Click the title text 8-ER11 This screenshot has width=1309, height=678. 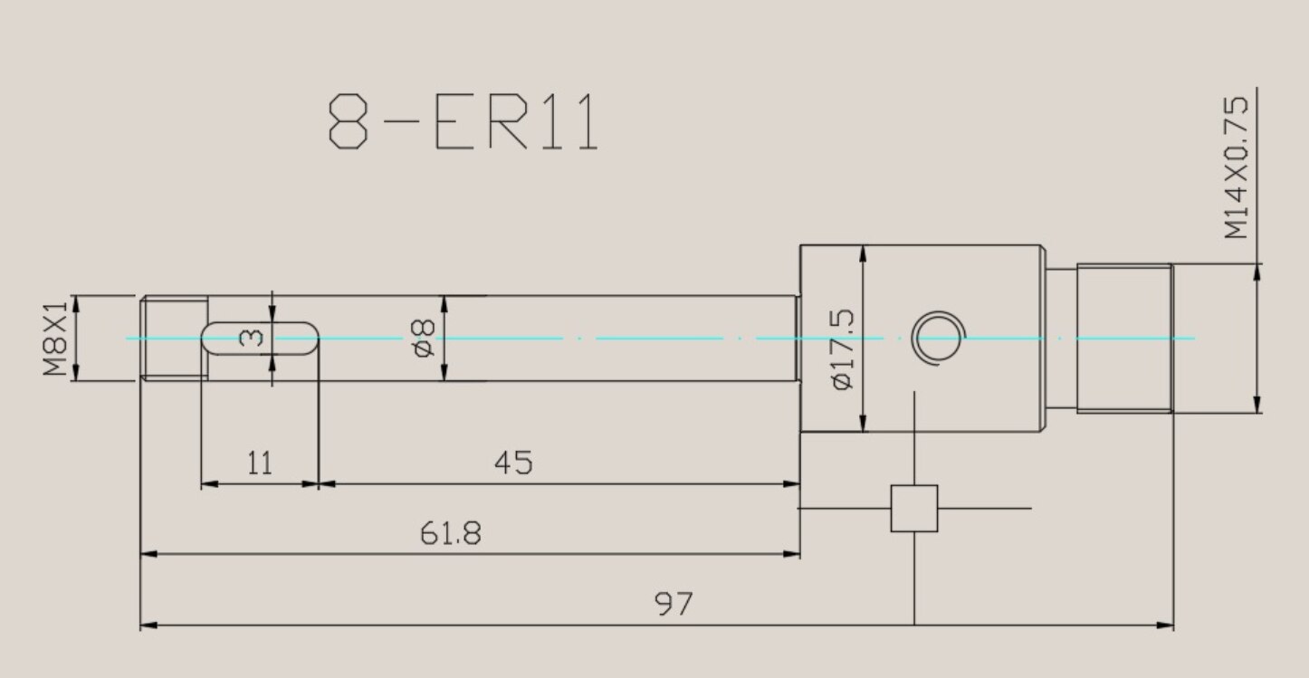[463, 122]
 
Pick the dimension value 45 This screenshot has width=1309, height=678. [513, 463]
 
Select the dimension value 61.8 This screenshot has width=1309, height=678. [450, 533]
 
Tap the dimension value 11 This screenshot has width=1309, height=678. [259, 463]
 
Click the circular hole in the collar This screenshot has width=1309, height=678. [937, 338]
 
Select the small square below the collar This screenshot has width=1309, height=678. [914, 508]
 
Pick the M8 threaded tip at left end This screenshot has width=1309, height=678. [172, 338]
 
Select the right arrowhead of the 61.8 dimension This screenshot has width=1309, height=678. [794, 553]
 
